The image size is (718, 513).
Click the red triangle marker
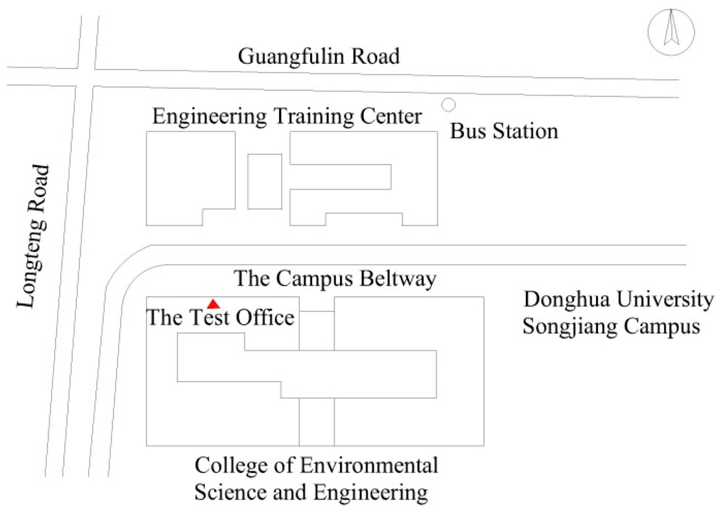214,303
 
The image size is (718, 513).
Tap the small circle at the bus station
448,105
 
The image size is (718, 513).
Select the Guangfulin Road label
319,56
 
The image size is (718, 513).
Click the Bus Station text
503,131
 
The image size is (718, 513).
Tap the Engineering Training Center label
287,116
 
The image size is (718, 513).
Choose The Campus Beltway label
335,279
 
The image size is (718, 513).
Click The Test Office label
220,317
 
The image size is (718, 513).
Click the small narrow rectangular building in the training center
264,181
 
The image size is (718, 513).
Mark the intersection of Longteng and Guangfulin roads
85,77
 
